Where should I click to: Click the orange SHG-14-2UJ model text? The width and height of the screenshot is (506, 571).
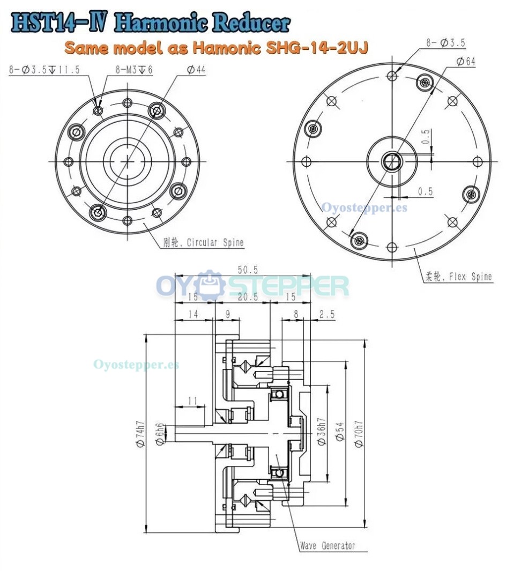217,48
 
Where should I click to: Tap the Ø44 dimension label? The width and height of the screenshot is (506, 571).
196,70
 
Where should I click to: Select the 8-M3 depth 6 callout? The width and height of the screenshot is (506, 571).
134,70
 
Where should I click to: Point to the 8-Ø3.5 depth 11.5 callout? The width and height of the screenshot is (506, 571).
44,70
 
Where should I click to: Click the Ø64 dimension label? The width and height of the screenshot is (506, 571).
465,62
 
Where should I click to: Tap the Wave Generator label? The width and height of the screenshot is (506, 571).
327,546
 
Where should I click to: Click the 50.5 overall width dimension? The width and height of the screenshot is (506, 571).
244,271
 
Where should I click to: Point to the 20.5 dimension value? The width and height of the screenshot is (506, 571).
242,297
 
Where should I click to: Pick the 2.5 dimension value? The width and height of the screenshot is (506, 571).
326,315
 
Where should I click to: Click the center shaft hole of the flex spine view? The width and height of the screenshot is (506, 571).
392,161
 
